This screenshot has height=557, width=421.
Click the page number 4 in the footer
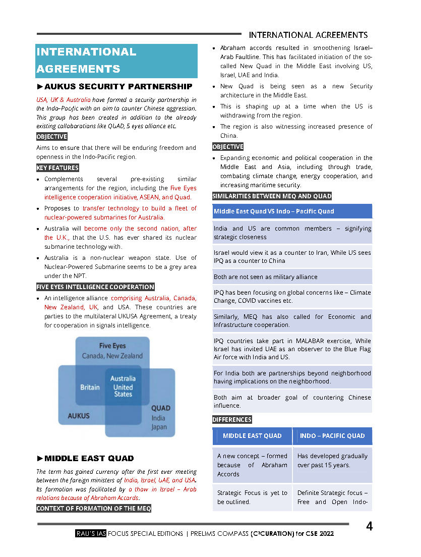(370, 527)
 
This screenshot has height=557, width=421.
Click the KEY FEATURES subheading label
(57, 168)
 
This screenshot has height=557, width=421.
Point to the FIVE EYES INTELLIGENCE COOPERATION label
(95, 287)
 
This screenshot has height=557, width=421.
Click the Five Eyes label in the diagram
(112, 346)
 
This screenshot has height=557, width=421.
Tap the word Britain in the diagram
(90, 387)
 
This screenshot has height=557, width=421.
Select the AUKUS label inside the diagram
(79, 416)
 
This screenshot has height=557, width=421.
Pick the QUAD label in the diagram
(161, 408)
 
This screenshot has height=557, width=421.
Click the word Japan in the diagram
(159, 428)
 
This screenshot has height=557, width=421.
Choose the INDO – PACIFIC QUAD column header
(332, 436)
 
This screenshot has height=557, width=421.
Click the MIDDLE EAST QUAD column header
(252, 436)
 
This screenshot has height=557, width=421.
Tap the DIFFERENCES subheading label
(232, 420)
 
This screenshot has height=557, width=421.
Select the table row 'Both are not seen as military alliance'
(292, 276)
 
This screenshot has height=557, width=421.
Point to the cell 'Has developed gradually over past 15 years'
(332, 460)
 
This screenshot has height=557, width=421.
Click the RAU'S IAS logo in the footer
(90, 534)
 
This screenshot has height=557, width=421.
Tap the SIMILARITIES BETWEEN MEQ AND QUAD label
(272, 196)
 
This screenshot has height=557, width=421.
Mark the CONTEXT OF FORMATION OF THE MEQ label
(94, 508)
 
